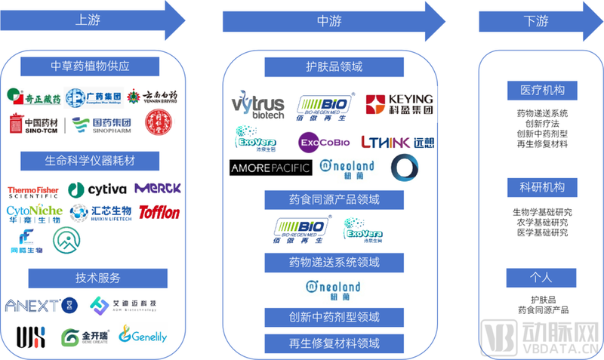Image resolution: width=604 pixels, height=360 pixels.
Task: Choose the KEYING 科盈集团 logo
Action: (399, 104)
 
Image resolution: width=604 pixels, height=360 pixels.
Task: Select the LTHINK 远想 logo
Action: (397, 141)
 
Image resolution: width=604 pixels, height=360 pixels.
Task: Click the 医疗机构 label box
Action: (541, 90)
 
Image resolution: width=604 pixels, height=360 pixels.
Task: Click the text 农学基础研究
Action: (541, 223)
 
